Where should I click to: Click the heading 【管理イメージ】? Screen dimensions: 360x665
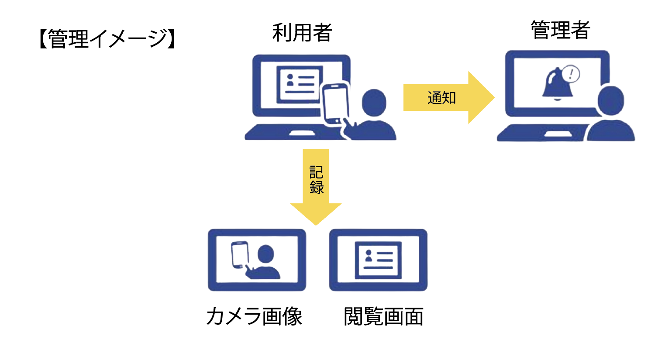(107, 38)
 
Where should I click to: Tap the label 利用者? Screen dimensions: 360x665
(302, 33)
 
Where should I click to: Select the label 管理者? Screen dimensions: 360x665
(560, 31)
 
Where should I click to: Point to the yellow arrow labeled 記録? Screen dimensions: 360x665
(316, 188)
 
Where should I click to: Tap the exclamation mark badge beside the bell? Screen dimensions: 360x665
(571, 74)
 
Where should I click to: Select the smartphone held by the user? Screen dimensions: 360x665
(335, 104)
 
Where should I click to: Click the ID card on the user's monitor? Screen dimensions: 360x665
(299, 83)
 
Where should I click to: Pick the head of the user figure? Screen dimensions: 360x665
(374, 103)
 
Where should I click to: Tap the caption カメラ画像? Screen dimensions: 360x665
(254, 316)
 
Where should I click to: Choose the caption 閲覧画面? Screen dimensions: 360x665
(383, 317)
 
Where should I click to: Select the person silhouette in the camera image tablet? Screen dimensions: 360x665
(265, 262)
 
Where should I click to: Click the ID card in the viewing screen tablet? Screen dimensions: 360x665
(379, 260)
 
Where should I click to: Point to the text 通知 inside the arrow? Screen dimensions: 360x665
(441, 98)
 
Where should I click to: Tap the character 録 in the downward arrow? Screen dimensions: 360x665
(316, 187)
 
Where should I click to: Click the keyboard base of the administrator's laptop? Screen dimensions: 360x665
(541, 133)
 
